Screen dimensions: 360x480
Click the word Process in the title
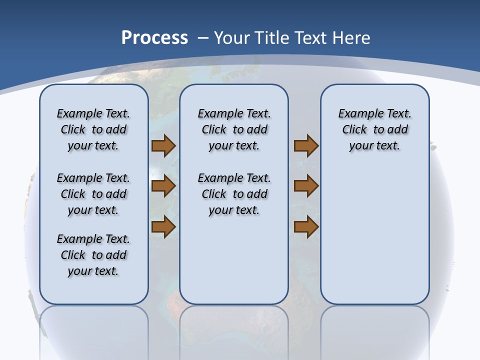(x=154, y=37)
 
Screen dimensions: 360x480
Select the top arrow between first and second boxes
(x=163, y=146)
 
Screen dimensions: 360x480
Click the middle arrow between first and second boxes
(x=163, y=186)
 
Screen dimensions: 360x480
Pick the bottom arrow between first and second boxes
(x=163, y=227)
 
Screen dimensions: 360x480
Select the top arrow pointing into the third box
(x=306, y=146)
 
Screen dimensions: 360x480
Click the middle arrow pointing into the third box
(x=306, y=186)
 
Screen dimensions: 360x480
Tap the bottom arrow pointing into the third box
(x=306, y=227)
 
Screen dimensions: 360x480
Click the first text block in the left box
(x=93, y=129)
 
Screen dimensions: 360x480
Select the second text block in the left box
(x=93, y=194)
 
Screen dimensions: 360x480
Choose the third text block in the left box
(x=93, y=255)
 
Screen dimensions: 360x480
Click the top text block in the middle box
(x=234, y=129)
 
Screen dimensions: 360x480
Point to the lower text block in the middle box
(x=234, y=194)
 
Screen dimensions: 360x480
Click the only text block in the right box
(x=374, y=129)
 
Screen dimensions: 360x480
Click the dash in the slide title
(x=203, y=37)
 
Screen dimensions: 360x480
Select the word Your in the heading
(x=233, y=37)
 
